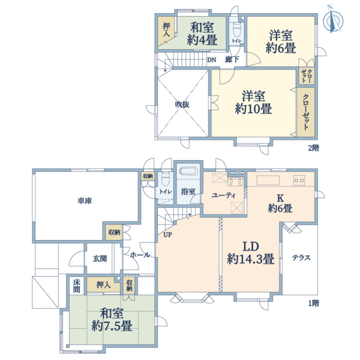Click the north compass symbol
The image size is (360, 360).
coord(332,20)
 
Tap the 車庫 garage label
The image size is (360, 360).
coord(85,201)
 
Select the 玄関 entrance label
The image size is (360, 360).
coord(100,259)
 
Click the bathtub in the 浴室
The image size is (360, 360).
coord(188,171)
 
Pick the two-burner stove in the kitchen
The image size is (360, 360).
coord(299,180)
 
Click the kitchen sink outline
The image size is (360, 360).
coord(268,180)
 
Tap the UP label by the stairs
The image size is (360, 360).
coord(167,235)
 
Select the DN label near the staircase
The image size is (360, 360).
coord(212,60)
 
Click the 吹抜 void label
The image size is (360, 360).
coord(182,104)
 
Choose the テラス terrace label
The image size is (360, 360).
coord(301,257)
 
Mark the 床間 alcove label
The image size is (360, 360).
coord(77,286)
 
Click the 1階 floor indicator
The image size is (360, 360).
coord(313,303)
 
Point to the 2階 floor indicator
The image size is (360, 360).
coord(313,148)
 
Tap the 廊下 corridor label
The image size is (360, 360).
coord(232,59)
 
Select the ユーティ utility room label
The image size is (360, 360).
coord(224,196)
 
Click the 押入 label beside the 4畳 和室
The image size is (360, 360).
coord(166,30)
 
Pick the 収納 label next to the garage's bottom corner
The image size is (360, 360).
coord(114,232)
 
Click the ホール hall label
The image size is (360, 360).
coord(140,254)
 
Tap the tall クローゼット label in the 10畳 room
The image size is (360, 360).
coord(305,112)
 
